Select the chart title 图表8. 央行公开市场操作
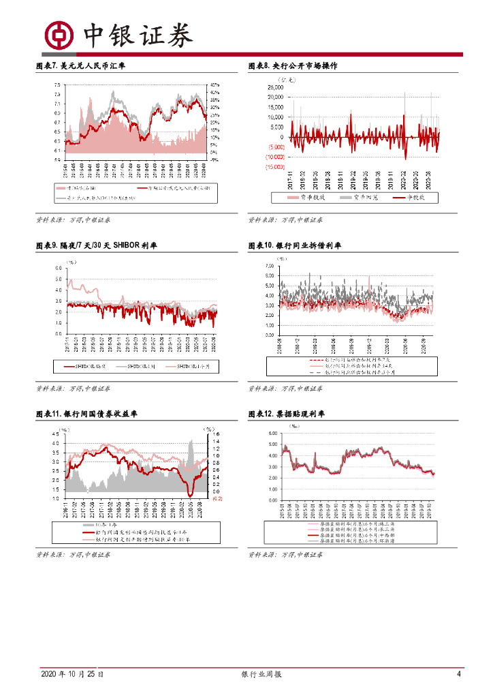coord(293,66)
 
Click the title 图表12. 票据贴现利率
coord(287,414)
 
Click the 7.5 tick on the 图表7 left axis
coord(57,85)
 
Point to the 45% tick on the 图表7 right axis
coord(214,85)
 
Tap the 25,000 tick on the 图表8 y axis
coord(276,87)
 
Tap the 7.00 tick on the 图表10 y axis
coord(270,262)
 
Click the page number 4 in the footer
coord(459,674)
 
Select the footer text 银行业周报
coord(261,674)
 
